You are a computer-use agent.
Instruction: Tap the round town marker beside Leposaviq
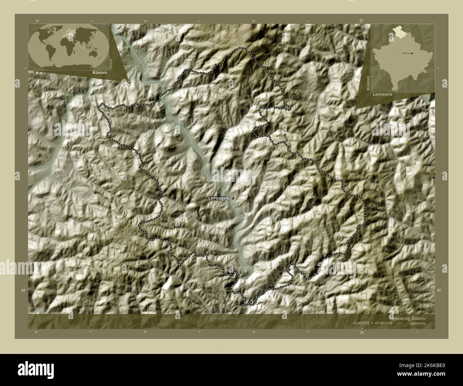233,198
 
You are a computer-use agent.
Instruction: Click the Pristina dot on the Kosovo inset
412,53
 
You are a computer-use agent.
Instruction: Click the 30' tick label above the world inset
37,21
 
